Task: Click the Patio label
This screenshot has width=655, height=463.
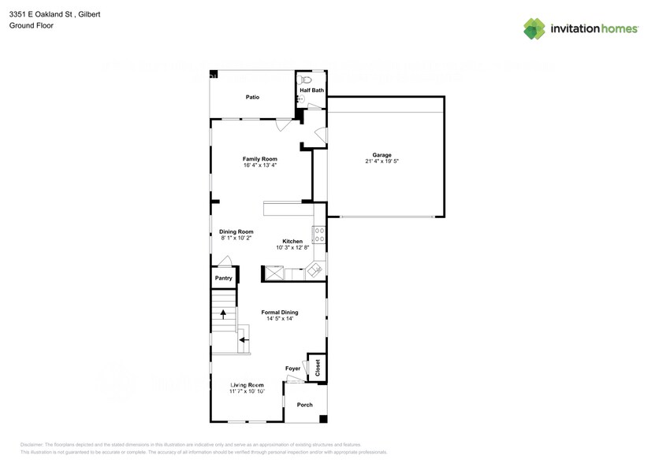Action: pyautogui.click(x=252, y=97)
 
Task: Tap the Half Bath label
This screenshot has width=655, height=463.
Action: pyautogui.click(x=311, y=91)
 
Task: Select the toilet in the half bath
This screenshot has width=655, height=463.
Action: pyautogui.click(x=307, y=80)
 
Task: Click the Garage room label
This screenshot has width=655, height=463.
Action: pyautogui.click(x=382, y=155)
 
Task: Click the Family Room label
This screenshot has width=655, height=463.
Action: pyautogui.click(x=259, y=159)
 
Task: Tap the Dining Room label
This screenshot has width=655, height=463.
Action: pyautogui.click(x=236, y=231)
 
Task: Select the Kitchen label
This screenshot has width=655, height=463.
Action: pyautogui.click(x=292, y=241)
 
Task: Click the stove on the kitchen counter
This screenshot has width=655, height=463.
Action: pyautogui.click(x=319, y=234)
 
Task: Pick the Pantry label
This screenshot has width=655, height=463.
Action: pyautogui.click(x=224, y=278)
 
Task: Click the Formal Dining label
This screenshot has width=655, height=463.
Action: pyautogui.click(x=280, y=313)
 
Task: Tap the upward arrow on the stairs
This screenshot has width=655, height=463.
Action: pyautogui.click(x=223, y=314)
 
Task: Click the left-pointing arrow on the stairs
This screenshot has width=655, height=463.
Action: pyautogui.click(x=242, y=340)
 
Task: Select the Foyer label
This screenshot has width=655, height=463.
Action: pyautogui.click(x=293, y=369)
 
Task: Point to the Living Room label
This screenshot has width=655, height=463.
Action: pyautogui.click(x=247, y=384)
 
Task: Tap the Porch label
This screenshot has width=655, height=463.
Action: pyautogui.click(x=304, y=405)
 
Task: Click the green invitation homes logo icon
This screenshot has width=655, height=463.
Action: pyautogui.click(x=534, y=28)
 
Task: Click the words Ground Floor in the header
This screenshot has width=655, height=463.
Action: pyautogui.click(x=28, y=25)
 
